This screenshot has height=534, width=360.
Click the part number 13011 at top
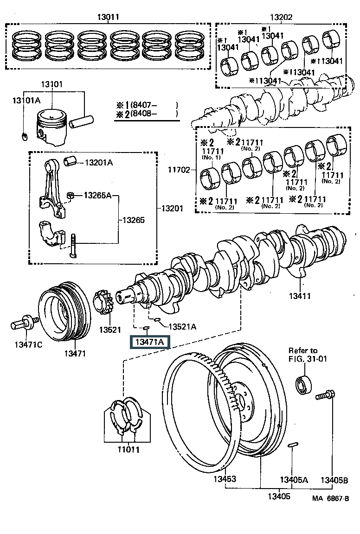(x=108, y=16)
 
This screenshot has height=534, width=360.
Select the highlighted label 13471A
(x=149, y=342)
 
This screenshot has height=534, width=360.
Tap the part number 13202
(x=281, y=17)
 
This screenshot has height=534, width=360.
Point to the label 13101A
(x=26, y=100)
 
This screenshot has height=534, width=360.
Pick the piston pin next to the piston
(x=81, y=121)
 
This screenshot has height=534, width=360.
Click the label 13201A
(x=99, y=162)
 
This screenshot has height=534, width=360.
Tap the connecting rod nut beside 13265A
(x=70, y=196)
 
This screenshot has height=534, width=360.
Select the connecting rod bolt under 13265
(x=73, y=246)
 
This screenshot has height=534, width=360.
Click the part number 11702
(x=179, y=170)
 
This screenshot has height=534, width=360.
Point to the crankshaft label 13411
(x=300, y=296)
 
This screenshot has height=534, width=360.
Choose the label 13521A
(x=182, y=327)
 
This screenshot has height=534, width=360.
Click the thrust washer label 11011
(x=129, y=450)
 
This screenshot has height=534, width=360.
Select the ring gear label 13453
(x=225, y=479)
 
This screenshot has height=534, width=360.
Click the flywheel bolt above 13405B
(x=325, y=395)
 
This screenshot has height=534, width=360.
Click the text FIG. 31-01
(x=308, y=359)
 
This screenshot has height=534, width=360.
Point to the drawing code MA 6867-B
(x=331, y=499)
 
